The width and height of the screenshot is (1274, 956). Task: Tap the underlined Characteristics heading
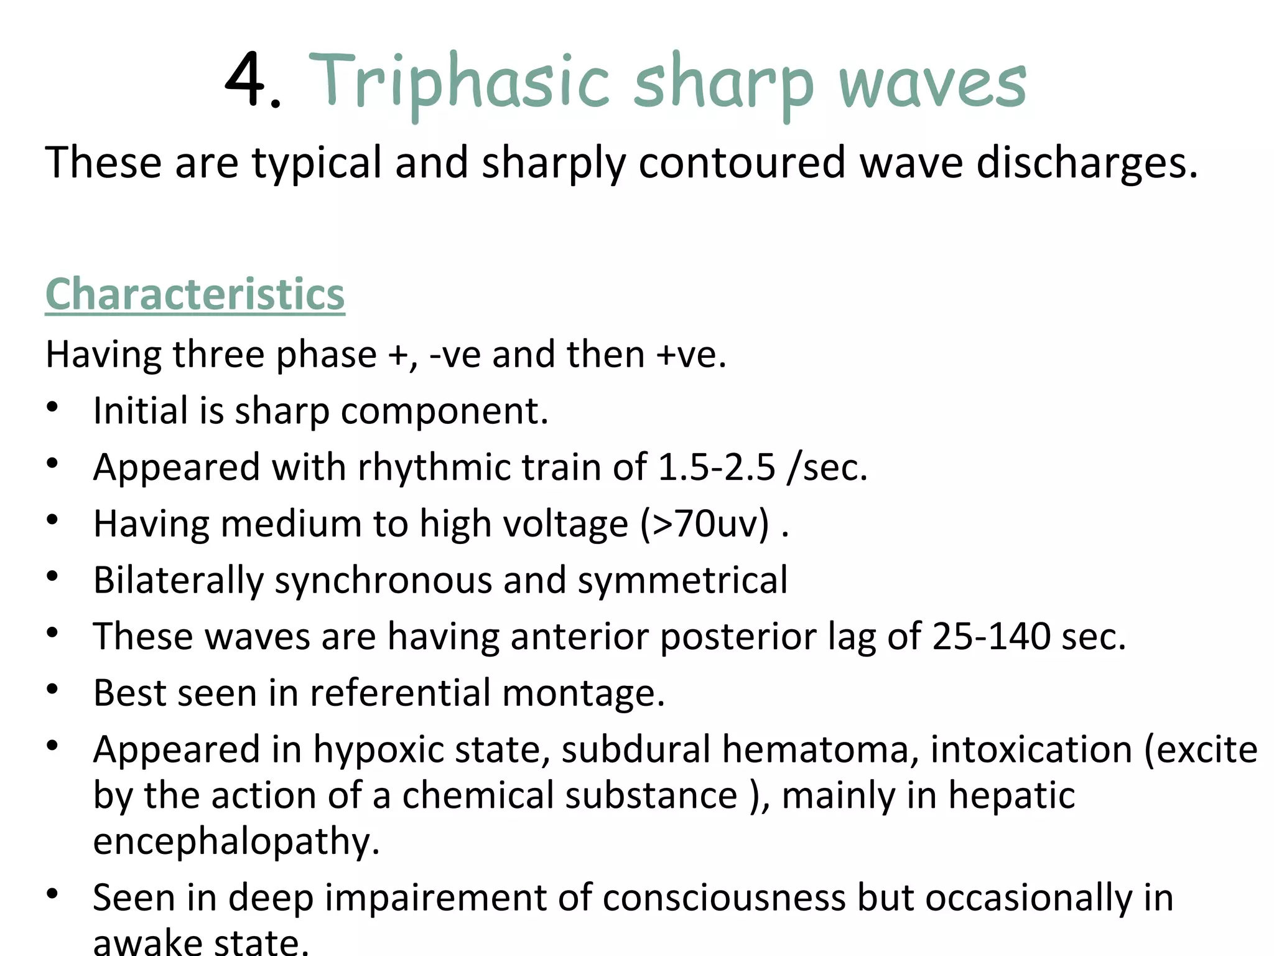(x=195, y=294)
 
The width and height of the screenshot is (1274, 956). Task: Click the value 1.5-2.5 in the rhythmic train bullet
(x=717, y=467)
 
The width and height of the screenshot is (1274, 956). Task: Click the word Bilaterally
(x=178, y=581)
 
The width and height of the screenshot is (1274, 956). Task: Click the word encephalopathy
(x=236, y=842)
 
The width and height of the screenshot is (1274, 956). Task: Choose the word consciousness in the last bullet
(x=723, y=898)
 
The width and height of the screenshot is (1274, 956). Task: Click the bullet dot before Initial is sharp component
(x=53, y=407)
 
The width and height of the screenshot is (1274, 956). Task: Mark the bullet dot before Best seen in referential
(x=53, y=689)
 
